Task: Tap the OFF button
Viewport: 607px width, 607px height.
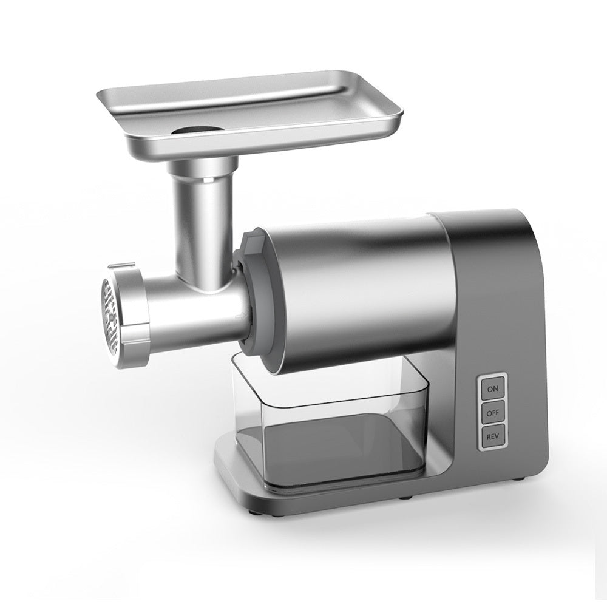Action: [492, 412]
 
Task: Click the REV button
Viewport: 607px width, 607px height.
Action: [492, 436]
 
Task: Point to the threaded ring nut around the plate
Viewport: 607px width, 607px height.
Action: [134, 316]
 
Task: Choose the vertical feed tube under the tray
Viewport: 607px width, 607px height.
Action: [203, 219]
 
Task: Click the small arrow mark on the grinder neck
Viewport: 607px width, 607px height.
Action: [242, 315]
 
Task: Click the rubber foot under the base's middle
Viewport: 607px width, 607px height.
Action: [404, 499]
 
